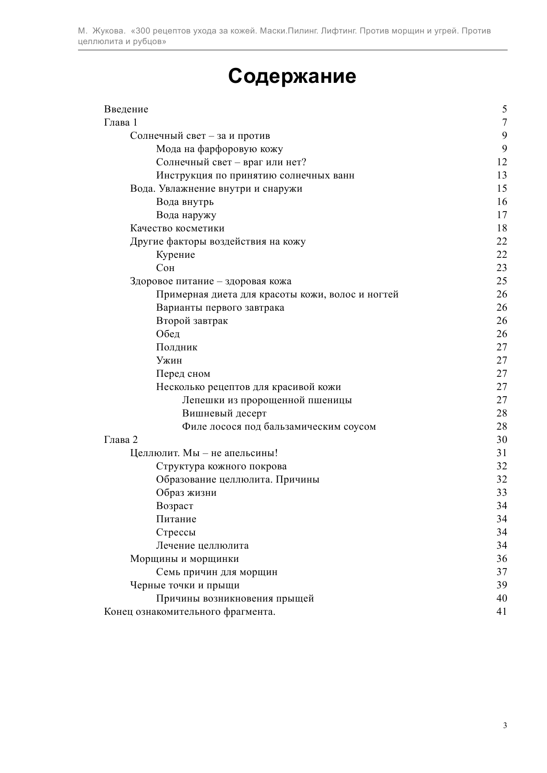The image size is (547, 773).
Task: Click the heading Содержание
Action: tap(292, 76)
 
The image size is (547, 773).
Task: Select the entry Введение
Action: tap(126, 109)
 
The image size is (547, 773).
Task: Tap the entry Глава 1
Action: tap(121, 123)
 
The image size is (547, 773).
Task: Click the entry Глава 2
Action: tap(121, 440)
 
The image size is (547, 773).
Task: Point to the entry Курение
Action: tap(175, 255)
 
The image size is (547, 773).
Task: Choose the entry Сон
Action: tap(165, 268)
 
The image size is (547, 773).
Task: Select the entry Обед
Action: tap(168, 334)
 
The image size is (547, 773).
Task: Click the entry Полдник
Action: tap(177, 347)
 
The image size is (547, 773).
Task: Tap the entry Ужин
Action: tap(169, 360)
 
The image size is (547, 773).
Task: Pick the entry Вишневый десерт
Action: tap(224, 413)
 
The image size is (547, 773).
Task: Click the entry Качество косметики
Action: tap(177, 228)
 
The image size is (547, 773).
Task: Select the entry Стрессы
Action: tap(176, 532)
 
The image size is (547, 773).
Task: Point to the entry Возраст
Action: tap(175, 506)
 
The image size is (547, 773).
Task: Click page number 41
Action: tap(502, 612)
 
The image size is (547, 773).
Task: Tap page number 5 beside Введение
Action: tap(504, 109)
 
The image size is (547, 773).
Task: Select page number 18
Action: tap(502, 228)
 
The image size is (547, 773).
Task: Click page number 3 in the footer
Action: tap(505, 726)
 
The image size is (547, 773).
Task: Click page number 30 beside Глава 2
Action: tap(502, 440)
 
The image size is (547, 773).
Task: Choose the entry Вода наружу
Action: tap(186, 215)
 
